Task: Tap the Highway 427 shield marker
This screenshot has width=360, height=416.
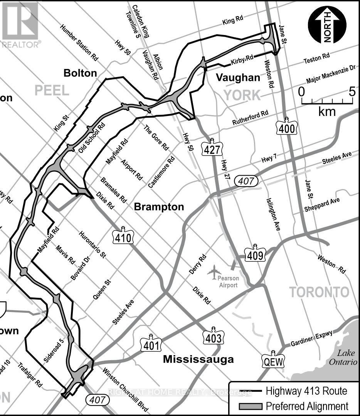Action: (x=211, y=147)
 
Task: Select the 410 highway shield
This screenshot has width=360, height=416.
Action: (x=123, y=236)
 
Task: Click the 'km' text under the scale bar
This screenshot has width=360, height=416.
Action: (x=327, y=112)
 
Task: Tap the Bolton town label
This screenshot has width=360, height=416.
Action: (x=80, y=73)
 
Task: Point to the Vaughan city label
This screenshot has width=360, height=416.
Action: (x=238, y=77)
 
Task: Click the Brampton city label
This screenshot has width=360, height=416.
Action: (x=159, y=207)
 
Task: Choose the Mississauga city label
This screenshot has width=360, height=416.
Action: (x=198, y=359)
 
